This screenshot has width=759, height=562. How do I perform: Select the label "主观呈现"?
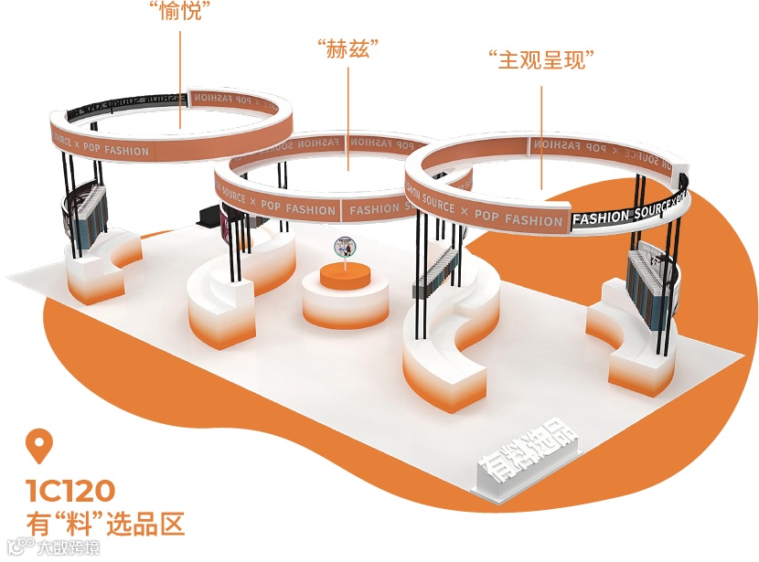pos(542,62)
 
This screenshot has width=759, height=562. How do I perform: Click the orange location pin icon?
pos(38,447)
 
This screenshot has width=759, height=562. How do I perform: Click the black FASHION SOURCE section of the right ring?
pos(631,209)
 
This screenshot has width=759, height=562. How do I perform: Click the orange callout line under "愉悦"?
pos(179,73)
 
